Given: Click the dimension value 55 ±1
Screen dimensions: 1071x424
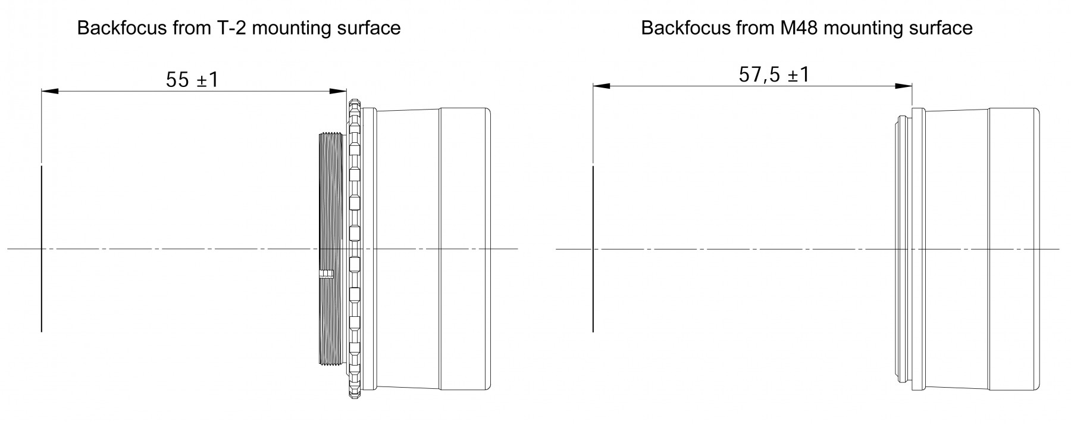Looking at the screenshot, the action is point(192,80).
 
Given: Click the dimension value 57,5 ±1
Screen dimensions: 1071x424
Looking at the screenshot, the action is point(774,75).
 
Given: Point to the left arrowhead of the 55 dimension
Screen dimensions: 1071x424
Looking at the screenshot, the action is point(49,92).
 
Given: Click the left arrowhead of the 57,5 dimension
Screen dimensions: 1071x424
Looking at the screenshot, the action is point(602,86).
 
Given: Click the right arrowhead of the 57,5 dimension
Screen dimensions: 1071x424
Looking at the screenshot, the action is point(903,86).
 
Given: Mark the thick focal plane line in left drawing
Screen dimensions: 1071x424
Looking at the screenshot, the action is point(41,249).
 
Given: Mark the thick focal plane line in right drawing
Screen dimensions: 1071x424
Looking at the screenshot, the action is point(593,249).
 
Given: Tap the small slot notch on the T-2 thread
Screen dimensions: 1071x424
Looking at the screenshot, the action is point(325,275).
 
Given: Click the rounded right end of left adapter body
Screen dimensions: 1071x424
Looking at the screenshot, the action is point(488,249).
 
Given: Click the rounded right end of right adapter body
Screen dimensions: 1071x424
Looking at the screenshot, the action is point(1038,249).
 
